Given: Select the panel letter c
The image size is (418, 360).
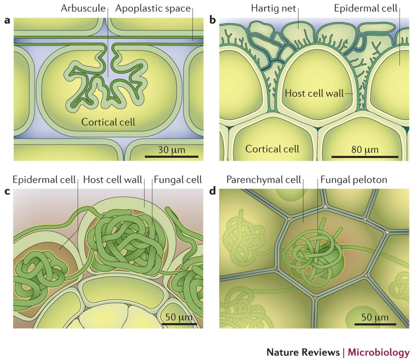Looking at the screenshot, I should tap(7, 193).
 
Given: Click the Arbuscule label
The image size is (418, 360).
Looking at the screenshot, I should tap(83, 8).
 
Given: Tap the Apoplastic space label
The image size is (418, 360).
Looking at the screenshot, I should tap(153, 8).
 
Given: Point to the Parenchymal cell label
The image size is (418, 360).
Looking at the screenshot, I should tap(263, 180).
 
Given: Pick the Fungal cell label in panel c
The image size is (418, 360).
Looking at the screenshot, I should tap(178, 180).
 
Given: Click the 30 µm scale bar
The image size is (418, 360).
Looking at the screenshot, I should tap(171, 156).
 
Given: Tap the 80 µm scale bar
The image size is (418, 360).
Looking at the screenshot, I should tap(365, 157).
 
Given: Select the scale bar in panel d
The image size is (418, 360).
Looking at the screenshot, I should tap(375, 324).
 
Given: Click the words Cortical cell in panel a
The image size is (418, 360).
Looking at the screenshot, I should tap(108, 122).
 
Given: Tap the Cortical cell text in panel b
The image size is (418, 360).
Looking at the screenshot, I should tap(272, 149).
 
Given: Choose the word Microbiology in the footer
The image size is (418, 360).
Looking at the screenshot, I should tap(379, 352).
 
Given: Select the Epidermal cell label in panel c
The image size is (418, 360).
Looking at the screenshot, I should tap(44, 180).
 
